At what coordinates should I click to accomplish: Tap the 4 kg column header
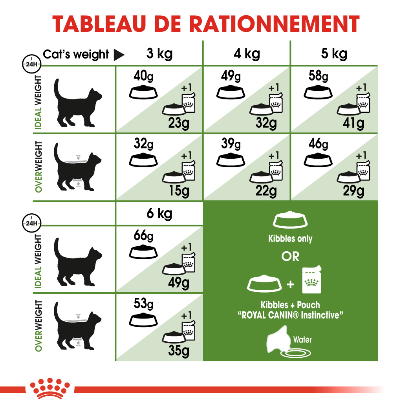pos(246,53)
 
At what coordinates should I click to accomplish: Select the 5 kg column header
pos(334,53)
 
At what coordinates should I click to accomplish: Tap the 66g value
pos(143,236)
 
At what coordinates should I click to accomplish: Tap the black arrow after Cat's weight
pos(119,55)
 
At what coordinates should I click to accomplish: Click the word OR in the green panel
pos(290,256)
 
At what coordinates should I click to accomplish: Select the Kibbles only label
pos(290,238)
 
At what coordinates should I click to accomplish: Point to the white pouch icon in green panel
pos(312,280)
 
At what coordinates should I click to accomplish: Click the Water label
pos(302,339)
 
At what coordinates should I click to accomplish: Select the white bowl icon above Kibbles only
pos(290,221)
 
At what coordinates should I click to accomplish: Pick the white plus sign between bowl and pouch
pos(291,284)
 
